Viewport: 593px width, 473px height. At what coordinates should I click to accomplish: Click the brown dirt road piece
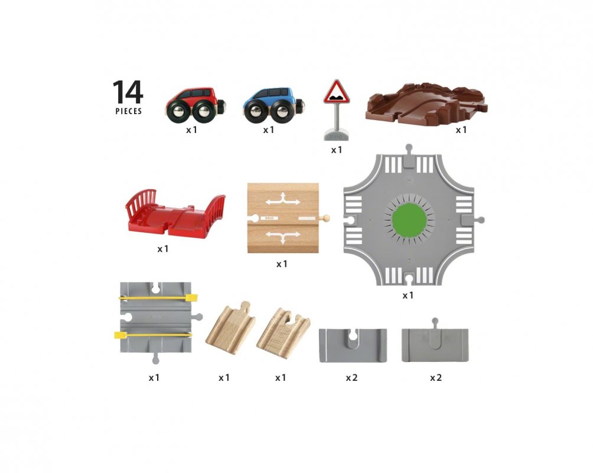point(426,102)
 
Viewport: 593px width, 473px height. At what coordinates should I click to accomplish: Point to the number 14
point(128,92)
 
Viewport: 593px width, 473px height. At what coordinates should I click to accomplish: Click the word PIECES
point(129,111)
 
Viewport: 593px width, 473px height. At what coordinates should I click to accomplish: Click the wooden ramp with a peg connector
point(230,328)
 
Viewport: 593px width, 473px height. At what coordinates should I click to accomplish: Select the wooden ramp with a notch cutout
point(284,332)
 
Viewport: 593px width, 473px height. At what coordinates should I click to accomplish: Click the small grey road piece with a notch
point(353,345)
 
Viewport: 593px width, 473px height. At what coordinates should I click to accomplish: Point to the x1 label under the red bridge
point(163,249)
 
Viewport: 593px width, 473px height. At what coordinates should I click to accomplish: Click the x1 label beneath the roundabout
point(408,295)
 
